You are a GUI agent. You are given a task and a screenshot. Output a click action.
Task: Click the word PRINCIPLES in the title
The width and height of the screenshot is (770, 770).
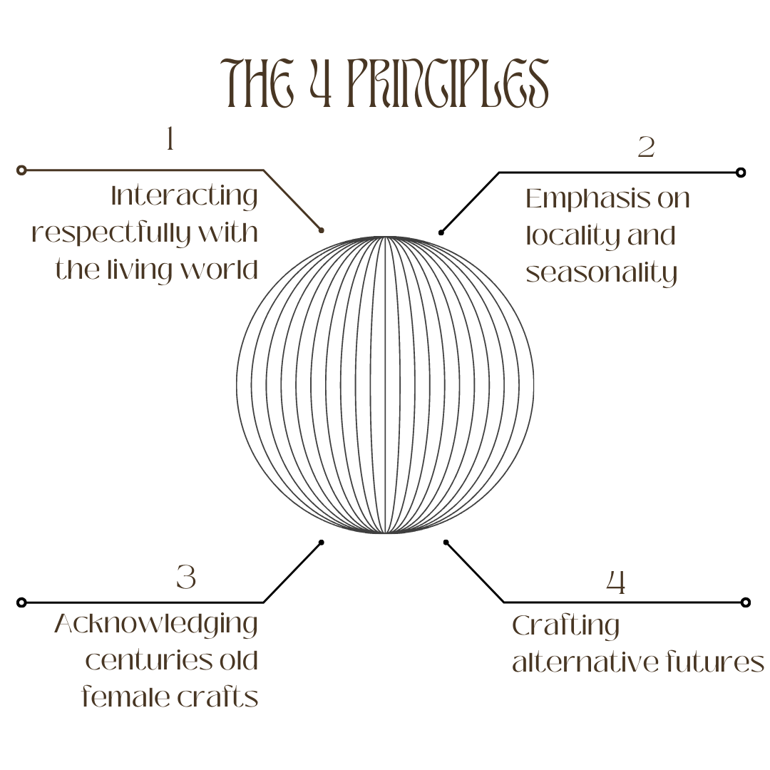(448, 84)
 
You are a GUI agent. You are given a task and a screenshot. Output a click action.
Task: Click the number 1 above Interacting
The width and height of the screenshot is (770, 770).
(170, 139)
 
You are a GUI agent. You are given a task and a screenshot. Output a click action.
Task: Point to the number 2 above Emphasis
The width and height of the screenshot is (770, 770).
(646, 148)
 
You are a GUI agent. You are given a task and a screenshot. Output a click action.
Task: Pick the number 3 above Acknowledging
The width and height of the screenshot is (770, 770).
(186, 577)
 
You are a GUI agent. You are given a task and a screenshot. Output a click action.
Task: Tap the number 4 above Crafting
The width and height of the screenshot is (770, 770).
(616, 582)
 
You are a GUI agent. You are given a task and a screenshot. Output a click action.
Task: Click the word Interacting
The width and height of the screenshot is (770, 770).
(185, 196)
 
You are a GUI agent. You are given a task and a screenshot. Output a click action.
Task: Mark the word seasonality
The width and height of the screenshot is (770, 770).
(601, 274)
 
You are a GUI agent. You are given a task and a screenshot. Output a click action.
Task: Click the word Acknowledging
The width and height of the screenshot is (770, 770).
(156, 625)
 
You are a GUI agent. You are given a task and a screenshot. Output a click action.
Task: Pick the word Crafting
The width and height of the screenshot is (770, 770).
(565, 627)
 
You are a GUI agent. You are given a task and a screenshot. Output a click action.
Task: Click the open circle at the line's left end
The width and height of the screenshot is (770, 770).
(21, 170)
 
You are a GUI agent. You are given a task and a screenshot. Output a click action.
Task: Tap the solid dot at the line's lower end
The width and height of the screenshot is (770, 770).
(321, 230)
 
